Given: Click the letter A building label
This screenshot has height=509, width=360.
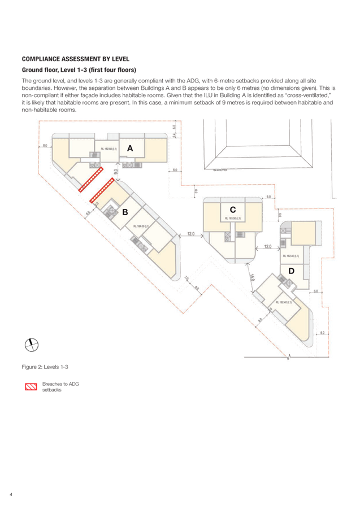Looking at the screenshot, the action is (x=130, y=148).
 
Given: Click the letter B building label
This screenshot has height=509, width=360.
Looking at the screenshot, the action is (x=124, y=212).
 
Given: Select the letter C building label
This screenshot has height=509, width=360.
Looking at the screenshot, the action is (x=232, y=209).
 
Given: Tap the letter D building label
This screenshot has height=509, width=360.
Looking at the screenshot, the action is (x=291, y=271).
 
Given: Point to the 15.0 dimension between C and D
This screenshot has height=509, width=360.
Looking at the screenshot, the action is (x=252, y=277).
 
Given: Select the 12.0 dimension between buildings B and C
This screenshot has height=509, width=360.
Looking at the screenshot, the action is (x=191, y=233).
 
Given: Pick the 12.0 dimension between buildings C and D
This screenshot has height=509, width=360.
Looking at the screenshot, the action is (x=267, y=246).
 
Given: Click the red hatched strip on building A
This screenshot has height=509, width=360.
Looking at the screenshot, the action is (x=90, y=179).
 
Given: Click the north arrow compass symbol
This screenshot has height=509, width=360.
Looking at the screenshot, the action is (x=32, y=344).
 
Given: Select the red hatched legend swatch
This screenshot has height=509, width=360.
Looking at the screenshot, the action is (x=31, y=387).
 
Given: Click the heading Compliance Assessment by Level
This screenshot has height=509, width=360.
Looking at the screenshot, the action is (x=75, y=59).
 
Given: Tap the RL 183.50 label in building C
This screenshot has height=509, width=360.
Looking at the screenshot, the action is (x=233, y=218).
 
